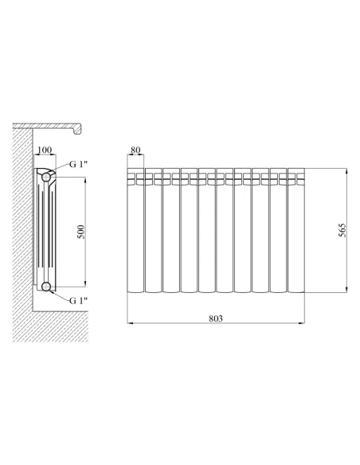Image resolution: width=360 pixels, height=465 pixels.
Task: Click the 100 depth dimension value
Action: (45, 150)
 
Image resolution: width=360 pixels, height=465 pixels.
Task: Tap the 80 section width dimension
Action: (135, 150)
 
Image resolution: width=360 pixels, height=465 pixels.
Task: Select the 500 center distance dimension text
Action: (80, 232)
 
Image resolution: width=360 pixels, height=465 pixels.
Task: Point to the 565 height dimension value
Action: (342, 230)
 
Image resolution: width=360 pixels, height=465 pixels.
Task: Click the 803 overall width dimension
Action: (216, 318)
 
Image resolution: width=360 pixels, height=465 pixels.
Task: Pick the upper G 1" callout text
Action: (79, 164)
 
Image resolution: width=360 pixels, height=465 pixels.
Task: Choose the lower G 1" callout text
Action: (79, 300)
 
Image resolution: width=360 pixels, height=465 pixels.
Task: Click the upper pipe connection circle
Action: (46, 177)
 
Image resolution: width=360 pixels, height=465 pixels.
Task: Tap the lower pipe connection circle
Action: (46, 287)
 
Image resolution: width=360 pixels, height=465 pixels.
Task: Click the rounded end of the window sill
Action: (78, 129)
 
